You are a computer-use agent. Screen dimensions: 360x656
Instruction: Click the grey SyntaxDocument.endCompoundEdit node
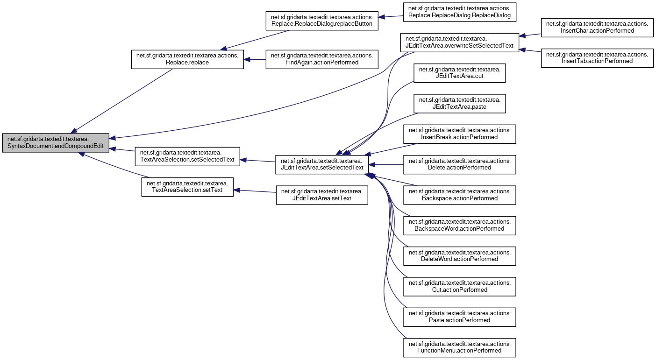click(x=56, y=143)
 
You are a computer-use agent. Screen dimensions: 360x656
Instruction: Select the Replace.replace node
click(x=187, y=59)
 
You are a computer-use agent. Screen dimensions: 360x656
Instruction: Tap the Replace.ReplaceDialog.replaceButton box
click(x=321, y=21)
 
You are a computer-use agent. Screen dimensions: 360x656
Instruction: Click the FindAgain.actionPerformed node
click(x=321, y=59)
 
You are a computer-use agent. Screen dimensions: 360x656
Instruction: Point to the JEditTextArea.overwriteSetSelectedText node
click(x=459, y=42)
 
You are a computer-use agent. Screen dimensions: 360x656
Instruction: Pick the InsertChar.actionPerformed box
click(x=597, y=27)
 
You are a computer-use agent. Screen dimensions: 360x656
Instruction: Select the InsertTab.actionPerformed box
click(x=597, y=57)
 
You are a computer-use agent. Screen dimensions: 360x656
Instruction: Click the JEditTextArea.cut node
click(x=460, y=73)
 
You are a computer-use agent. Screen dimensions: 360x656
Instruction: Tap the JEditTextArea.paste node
click(x=460, y=103)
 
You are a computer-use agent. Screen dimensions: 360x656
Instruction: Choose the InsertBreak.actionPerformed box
click(x=459, y=134)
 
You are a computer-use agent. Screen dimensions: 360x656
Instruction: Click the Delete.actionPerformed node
click(x=459, y=164)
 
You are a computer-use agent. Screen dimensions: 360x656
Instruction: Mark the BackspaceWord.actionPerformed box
click(x=459, y=225)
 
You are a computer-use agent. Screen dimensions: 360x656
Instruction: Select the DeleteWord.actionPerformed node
click(x=459, y=255)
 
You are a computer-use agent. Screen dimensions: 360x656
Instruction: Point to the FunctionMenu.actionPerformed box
click(x=459, y=347)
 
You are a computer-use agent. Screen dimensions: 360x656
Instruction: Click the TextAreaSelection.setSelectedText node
click(x=187, y=156)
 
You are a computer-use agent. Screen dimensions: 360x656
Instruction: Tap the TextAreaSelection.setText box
click(x=187, y=186)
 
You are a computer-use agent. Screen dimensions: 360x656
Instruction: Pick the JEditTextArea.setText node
click(x=322, y=195)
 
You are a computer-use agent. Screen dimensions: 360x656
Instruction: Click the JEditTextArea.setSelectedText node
click(x=322, y=164)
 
